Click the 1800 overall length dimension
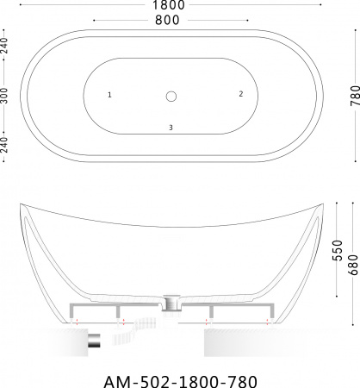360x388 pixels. click(169, 5)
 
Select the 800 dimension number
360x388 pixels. click(167, 20)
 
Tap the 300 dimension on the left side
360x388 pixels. click(4, 96)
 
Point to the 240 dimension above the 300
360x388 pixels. click(4, 46)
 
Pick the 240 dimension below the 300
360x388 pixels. click(4, 145)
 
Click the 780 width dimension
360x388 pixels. click(355, 96)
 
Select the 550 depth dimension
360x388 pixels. click(338, 250)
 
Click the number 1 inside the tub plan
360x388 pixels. click(109, 95)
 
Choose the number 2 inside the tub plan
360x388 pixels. click(241, 94)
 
